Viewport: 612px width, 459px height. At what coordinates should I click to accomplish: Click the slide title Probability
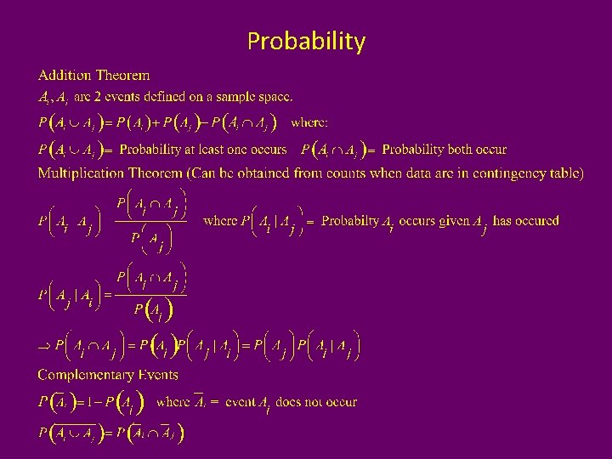306,41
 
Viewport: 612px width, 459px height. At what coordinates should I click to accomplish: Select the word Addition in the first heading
65,76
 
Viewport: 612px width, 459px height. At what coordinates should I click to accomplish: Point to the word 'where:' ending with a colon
309,122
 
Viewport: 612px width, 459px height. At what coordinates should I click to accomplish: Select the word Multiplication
80,173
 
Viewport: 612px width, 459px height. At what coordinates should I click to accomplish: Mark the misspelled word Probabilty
350,221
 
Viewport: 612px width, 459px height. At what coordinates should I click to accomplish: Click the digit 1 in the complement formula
95,402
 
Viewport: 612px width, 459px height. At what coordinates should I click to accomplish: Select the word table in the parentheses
564,173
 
